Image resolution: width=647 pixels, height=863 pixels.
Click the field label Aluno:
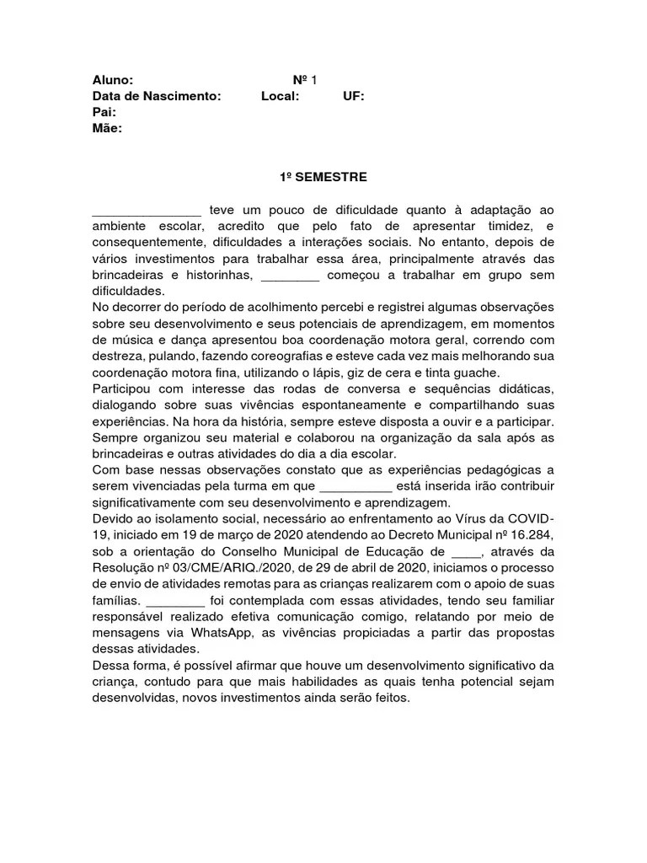tap(112, 80)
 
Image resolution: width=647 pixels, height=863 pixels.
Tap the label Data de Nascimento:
tap(157, 96)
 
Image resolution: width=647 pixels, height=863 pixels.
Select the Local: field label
tap(280, 96)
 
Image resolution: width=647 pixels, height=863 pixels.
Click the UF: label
tap(354, 96)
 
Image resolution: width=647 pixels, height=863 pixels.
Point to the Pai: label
tap(104, 112)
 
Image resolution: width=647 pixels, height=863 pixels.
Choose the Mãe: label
tap(107, 128)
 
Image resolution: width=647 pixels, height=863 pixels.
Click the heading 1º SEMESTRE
tap(323, 178)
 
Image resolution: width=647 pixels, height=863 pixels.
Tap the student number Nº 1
tap(305, 80)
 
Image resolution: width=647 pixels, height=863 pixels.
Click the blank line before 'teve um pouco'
tap(147, 212)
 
